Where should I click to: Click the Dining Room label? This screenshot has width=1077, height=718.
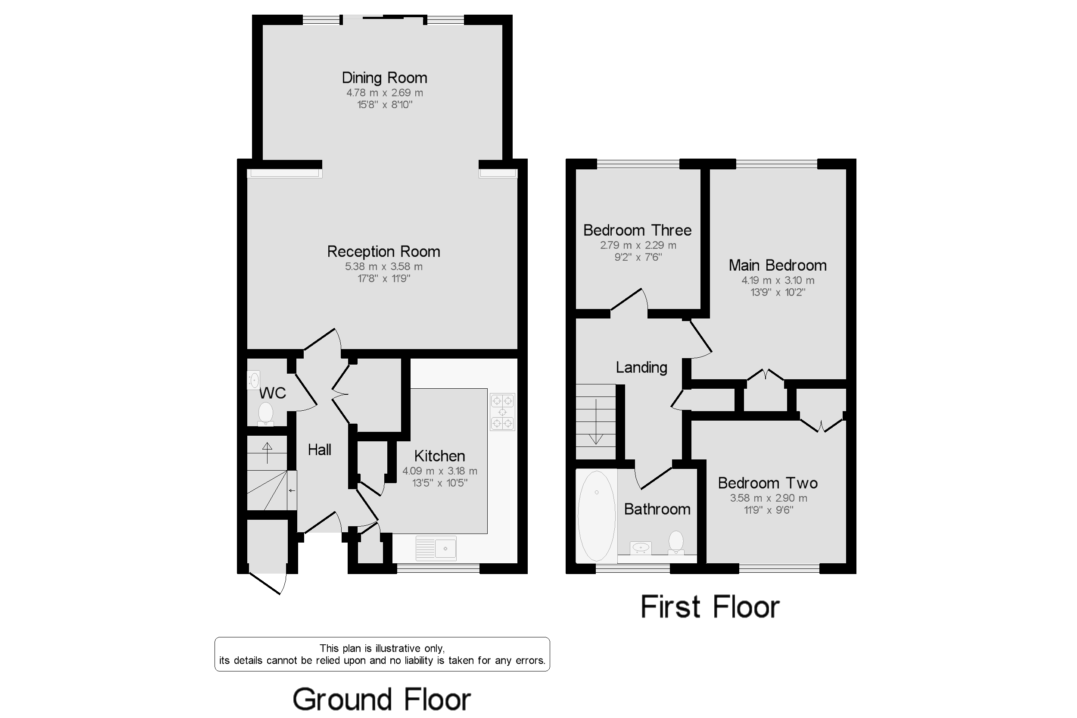(x=384, y=78)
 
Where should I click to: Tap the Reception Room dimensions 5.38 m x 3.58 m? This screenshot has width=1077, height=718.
(x=383, y=266)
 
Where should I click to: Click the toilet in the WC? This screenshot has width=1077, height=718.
(x=265, y=413)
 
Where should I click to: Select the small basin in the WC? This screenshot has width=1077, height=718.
(x=254, y=380)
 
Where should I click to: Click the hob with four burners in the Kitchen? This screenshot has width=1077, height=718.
(x=502, y=412)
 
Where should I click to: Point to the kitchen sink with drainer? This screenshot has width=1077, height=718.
(x=436, y=548)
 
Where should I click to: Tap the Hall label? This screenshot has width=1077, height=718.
(x=319, y=450)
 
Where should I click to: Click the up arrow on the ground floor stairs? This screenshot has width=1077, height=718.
(x=267, y=453)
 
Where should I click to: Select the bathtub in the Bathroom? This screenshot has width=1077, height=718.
(x=596, y=515)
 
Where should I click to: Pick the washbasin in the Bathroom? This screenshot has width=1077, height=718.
(x=641, y=548)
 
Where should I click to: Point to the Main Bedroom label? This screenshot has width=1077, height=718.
(x=777, y=265)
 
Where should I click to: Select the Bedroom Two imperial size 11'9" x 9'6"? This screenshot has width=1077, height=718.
(x=768, y=510)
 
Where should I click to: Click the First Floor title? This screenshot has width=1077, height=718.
(x=710, y=607)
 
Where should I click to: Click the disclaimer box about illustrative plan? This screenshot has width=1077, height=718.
(x=382, y=654)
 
